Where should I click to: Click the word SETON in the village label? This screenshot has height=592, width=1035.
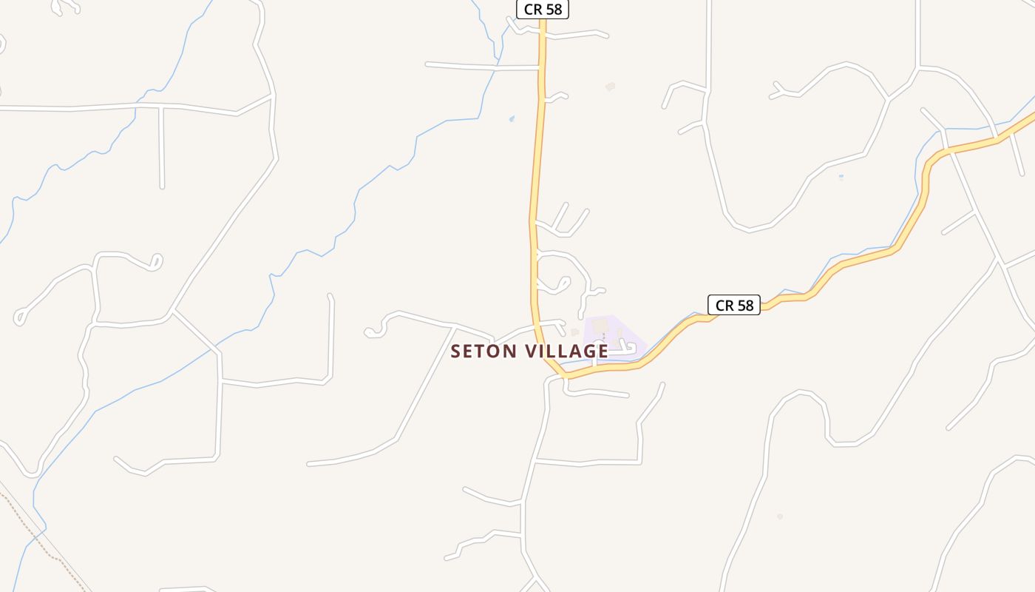pyautogui.click(x=484, y=351)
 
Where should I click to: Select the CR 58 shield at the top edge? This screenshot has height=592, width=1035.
pyautogui.click(x=542, y=9)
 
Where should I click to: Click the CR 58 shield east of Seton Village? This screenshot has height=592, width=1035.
pyautogui.click(x=734, y=305)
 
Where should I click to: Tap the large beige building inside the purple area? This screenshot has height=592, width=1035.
pyautogui.click(x=600, y=326)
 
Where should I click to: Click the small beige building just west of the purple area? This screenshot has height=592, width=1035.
pyautogui.click(x=574, y=332)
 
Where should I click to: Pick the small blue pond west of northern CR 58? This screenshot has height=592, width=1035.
pyautogui.click(x=512, y=118)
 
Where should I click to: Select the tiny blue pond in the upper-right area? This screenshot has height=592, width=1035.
pyautogui.click(x=841, y=177)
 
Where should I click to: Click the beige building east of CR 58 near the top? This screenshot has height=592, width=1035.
pyautogui.click(x=610, y=87)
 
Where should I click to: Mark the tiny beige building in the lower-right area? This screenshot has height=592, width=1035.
pyautogui.click(x=780, y=516)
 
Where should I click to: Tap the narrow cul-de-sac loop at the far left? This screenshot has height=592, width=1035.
pyautogui.click(x=20, y=317)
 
